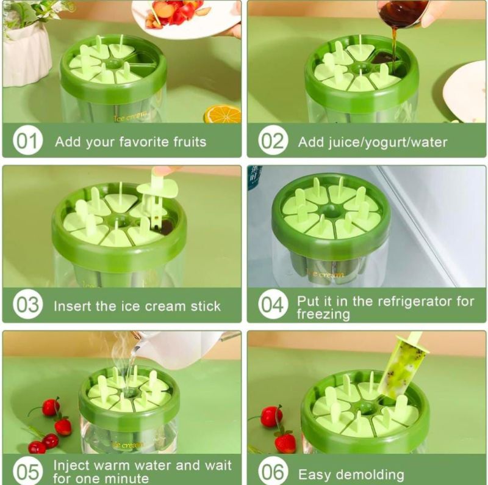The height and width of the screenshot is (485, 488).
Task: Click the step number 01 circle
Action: (x=27, y=140)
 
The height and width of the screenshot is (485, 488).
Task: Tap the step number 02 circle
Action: (x=273, y=140)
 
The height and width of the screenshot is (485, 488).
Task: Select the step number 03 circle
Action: (x=27, y=305)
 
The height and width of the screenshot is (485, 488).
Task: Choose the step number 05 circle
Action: (x=27, y=472)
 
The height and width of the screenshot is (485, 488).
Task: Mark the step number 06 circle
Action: (x=273, y=472)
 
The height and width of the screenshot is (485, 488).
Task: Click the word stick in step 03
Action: (x=206, y=306)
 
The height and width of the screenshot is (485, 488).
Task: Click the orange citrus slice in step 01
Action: (x=222, y=114)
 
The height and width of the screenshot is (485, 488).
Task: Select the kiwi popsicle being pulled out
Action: (x=400, y=367)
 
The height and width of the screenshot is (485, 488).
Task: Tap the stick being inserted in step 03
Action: (x=157, y=196)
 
